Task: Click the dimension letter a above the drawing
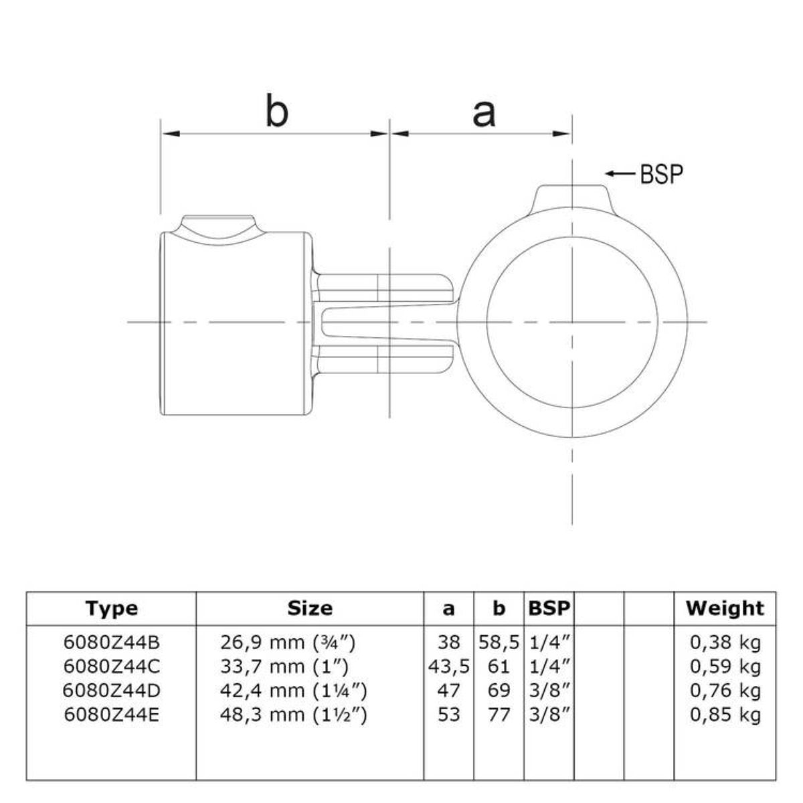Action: (483, 112)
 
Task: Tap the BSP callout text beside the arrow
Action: (662, 174)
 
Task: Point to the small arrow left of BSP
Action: (620, 174)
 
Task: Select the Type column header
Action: (112, 608)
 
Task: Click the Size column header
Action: (310, 608)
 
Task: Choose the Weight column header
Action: (725, 608)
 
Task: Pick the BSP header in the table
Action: (549, 608)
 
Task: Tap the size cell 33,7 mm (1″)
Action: (284, 666)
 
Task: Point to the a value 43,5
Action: (449, 666)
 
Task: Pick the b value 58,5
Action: (499, 642)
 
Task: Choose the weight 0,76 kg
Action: (725, 691)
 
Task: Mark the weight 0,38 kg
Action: (725, 642)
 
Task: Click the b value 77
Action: (499, 715)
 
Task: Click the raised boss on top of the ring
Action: (572, 199)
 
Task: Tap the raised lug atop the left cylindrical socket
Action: (219, 226)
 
